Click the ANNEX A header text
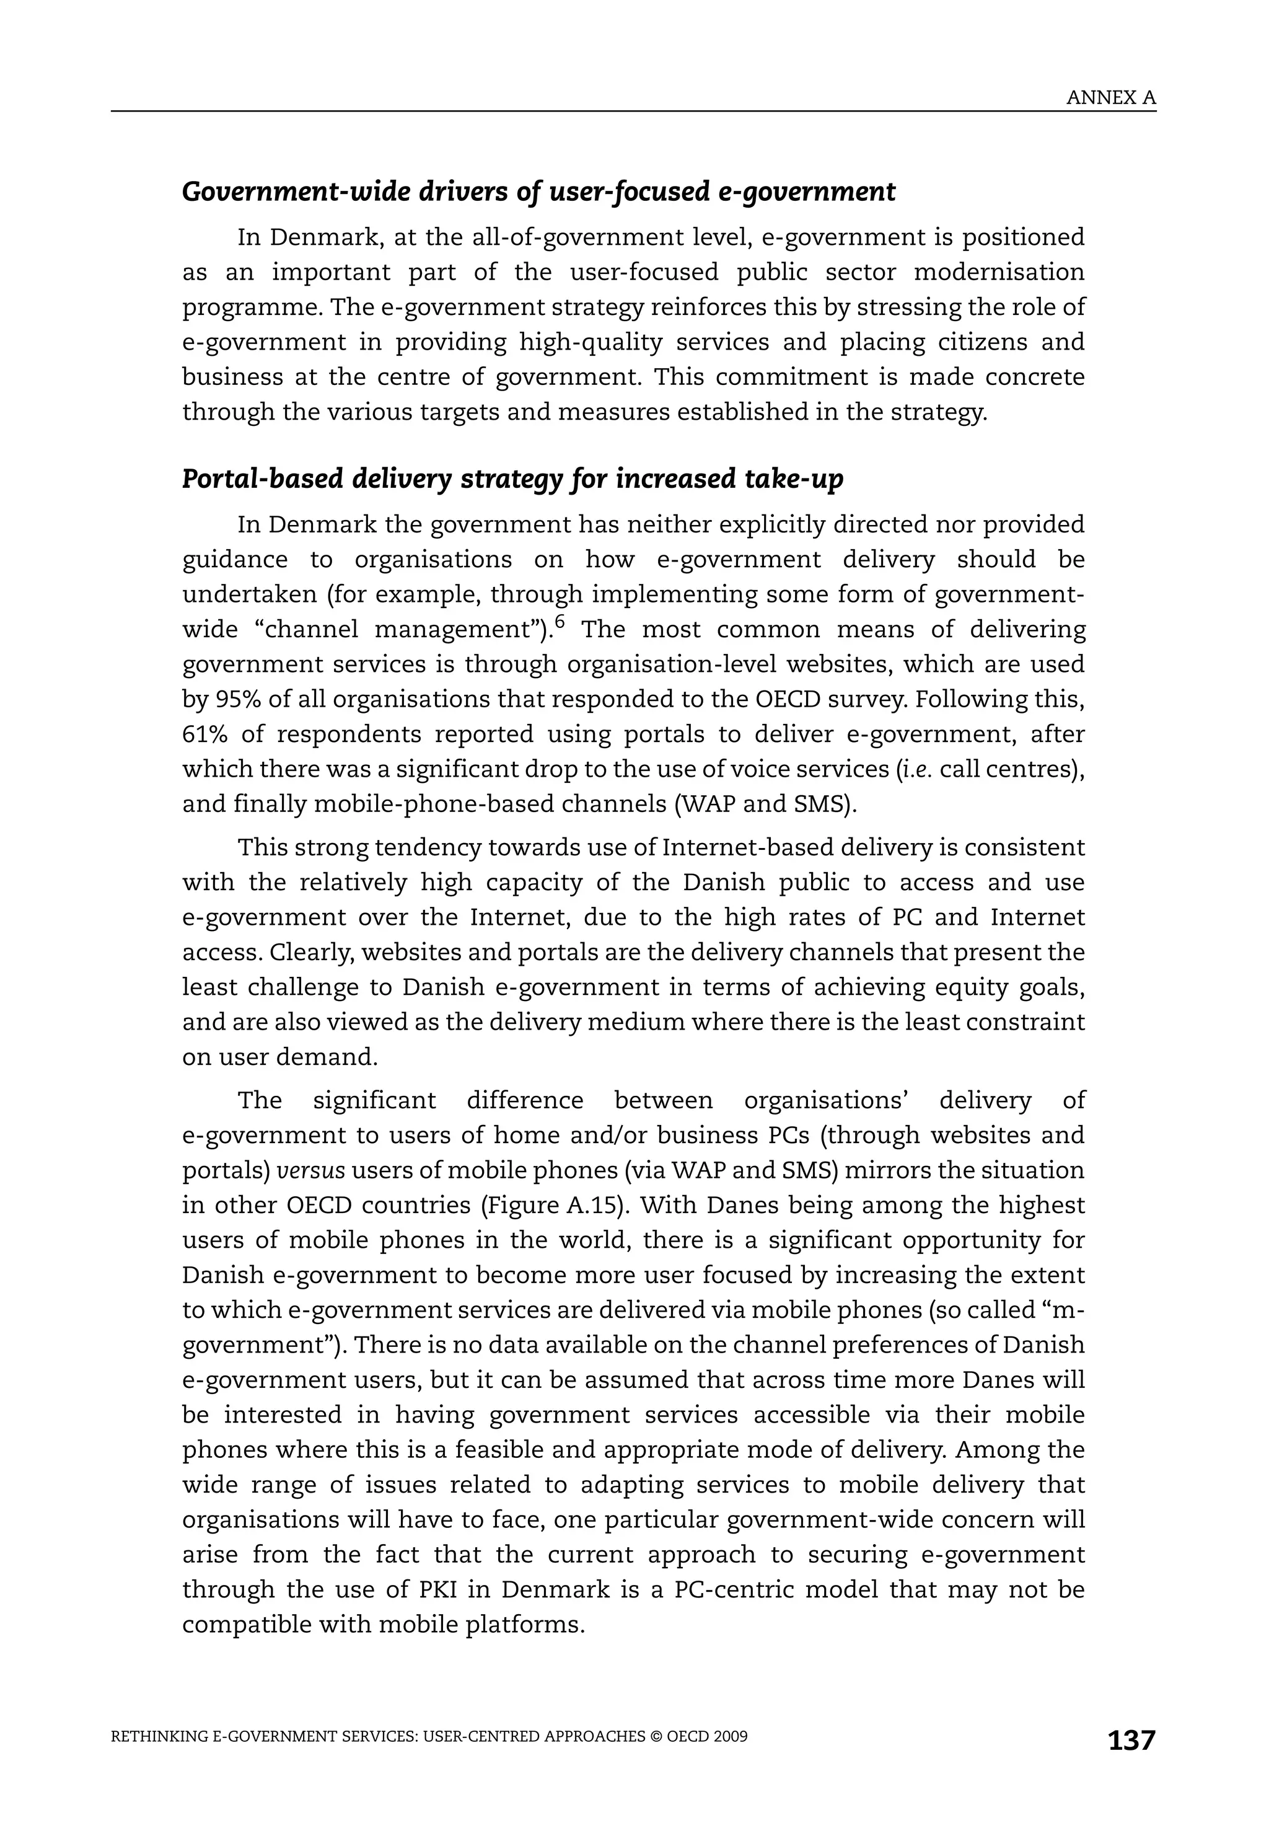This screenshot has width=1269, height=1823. point(1110,98)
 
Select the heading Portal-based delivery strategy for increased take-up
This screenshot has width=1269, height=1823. point(512,479)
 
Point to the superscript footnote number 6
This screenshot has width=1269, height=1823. point(560,622)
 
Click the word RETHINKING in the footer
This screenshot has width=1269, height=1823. point(160,1736)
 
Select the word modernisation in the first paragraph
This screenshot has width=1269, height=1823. point(998,271)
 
